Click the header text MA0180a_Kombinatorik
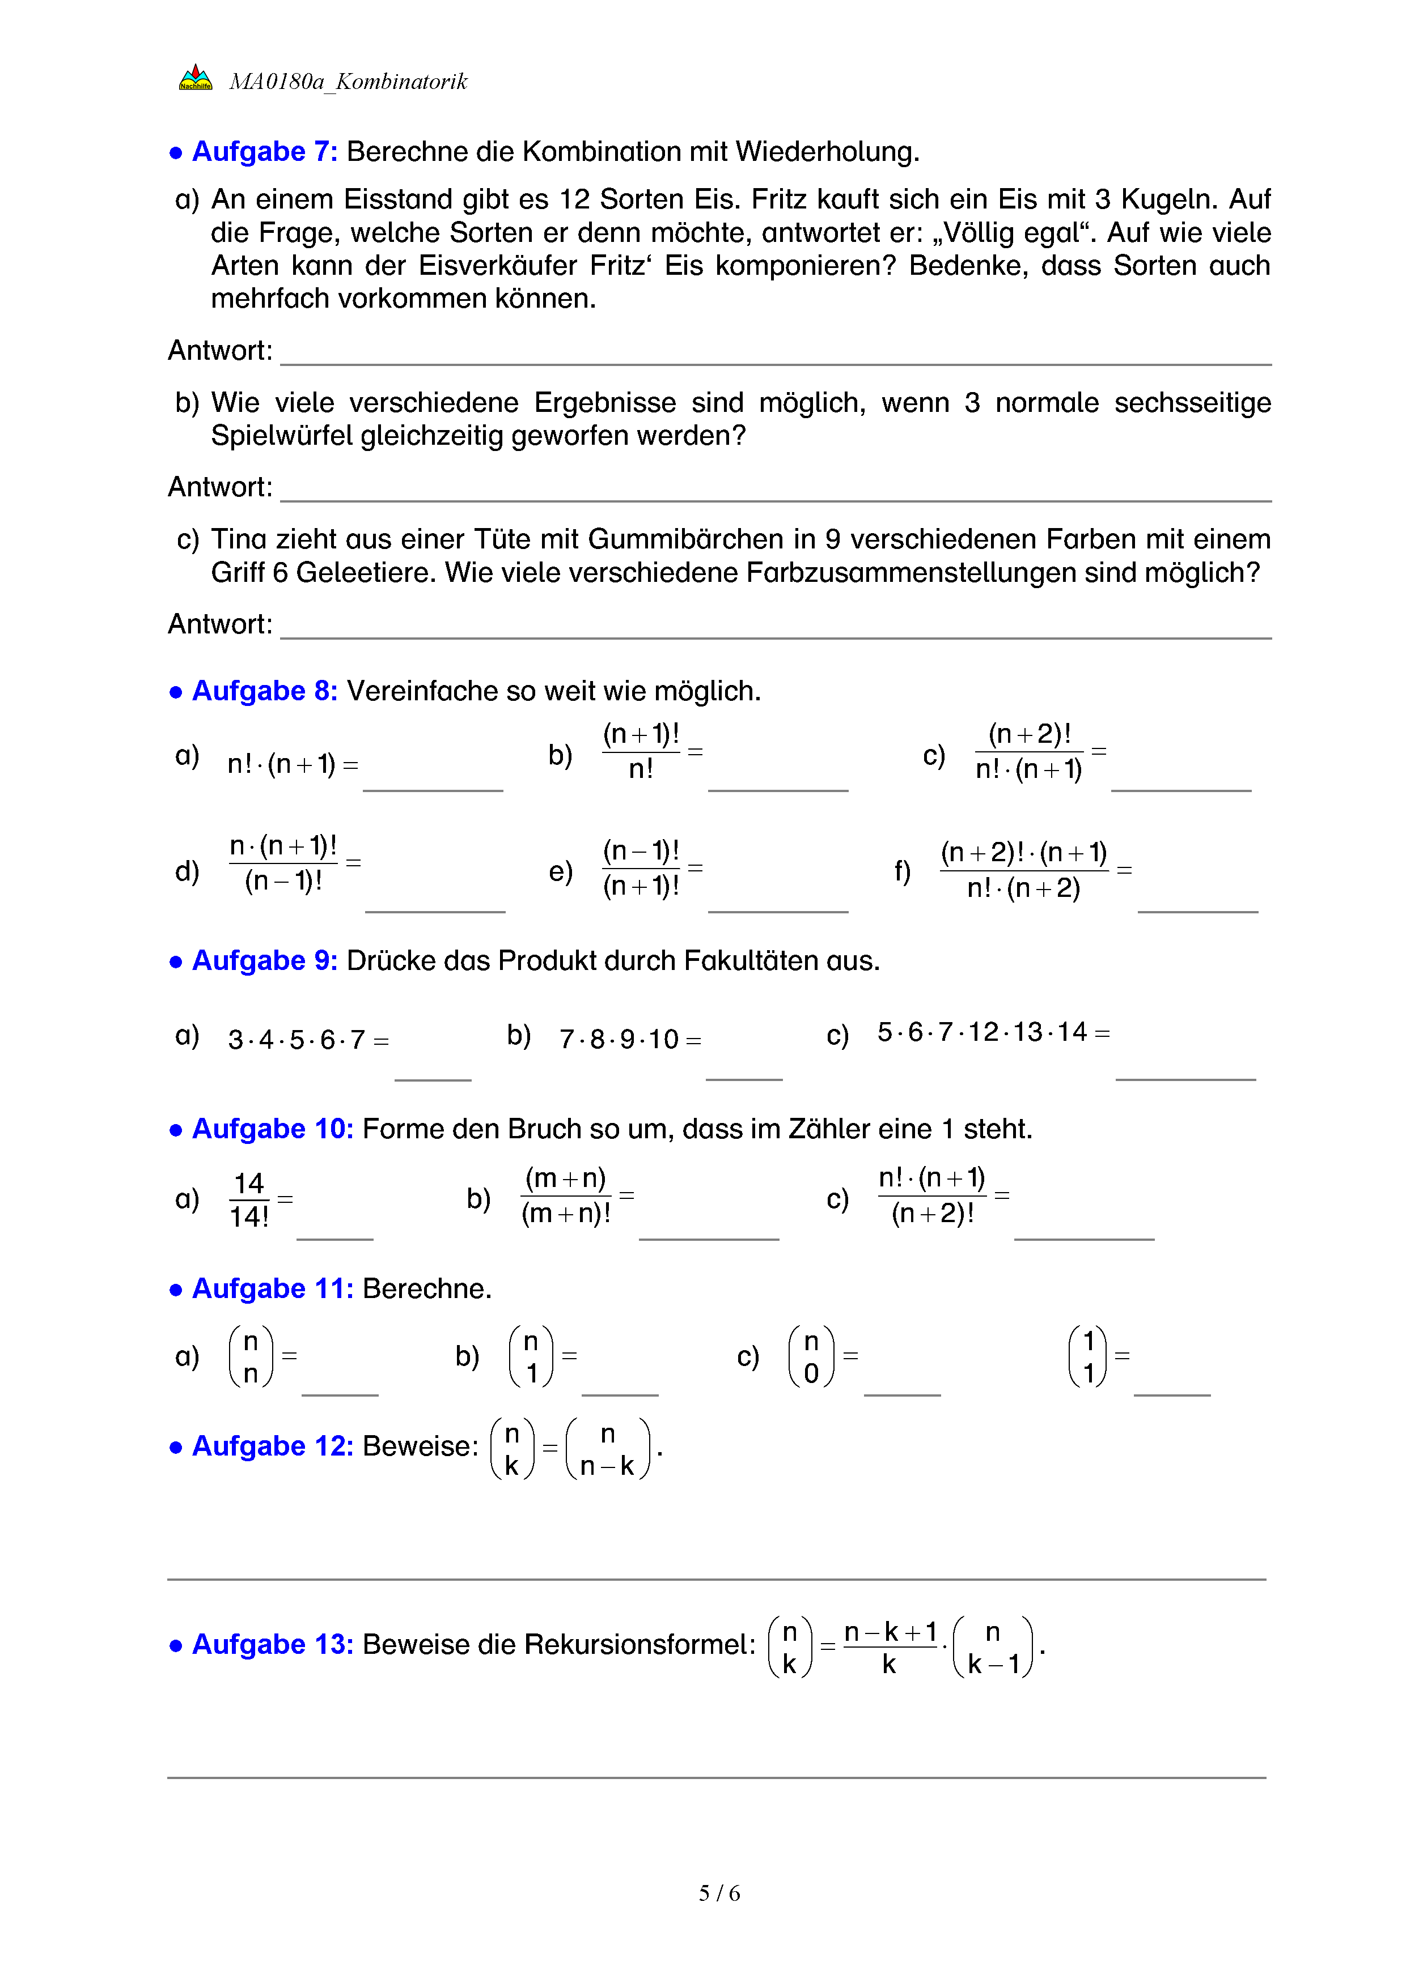(348, 82)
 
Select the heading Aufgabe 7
(264, 151)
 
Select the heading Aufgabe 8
(264, 691)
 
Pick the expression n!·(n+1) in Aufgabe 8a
(281, 764)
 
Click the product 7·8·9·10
(619, 1039)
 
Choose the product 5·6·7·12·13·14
(982, 1032)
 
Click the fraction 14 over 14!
(248, 1199)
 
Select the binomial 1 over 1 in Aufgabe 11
(1089, 1356)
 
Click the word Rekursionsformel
(640, 1644)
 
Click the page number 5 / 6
(718, 1894)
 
